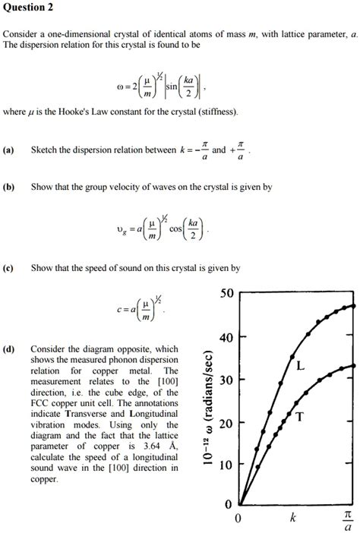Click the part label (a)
tap(8, 150)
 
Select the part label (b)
tap(8, 187)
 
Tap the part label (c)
tap(8, 268)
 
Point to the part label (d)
tap(8, 349)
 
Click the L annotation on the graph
tap(301, 366)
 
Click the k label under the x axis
tap(292, 519)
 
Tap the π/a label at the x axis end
tap(348, 520)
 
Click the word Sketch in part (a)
tap(45, 150)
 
